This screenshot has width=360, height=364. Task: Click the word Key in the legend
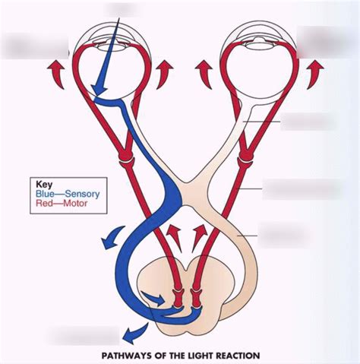(46, 183)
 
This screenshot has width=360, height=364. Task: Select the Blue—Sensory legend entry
(68, 194)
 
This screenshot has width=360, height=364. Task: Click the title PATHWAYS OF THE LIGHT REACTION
(181, 355)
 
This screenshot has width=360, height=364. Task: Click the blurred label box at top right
(327, 41)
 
